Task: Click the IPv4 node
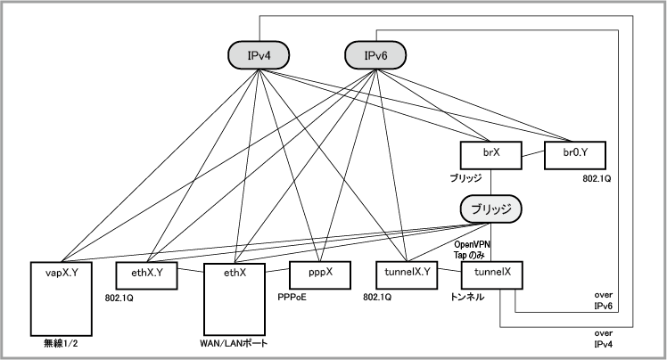click(258, 56)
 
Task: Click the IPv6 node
click(375, 56)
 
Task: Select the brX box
click(490, 154)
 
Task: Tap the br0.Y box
click(573, 154)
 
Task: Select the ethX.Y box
click(146, 275)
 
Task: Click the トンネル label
click(468, 298)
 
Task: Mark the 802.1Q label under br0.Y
click(591, 178)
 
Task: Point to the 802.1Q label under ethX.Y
click(120, 298)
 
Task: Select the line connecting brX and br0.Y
click(531, 154)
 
